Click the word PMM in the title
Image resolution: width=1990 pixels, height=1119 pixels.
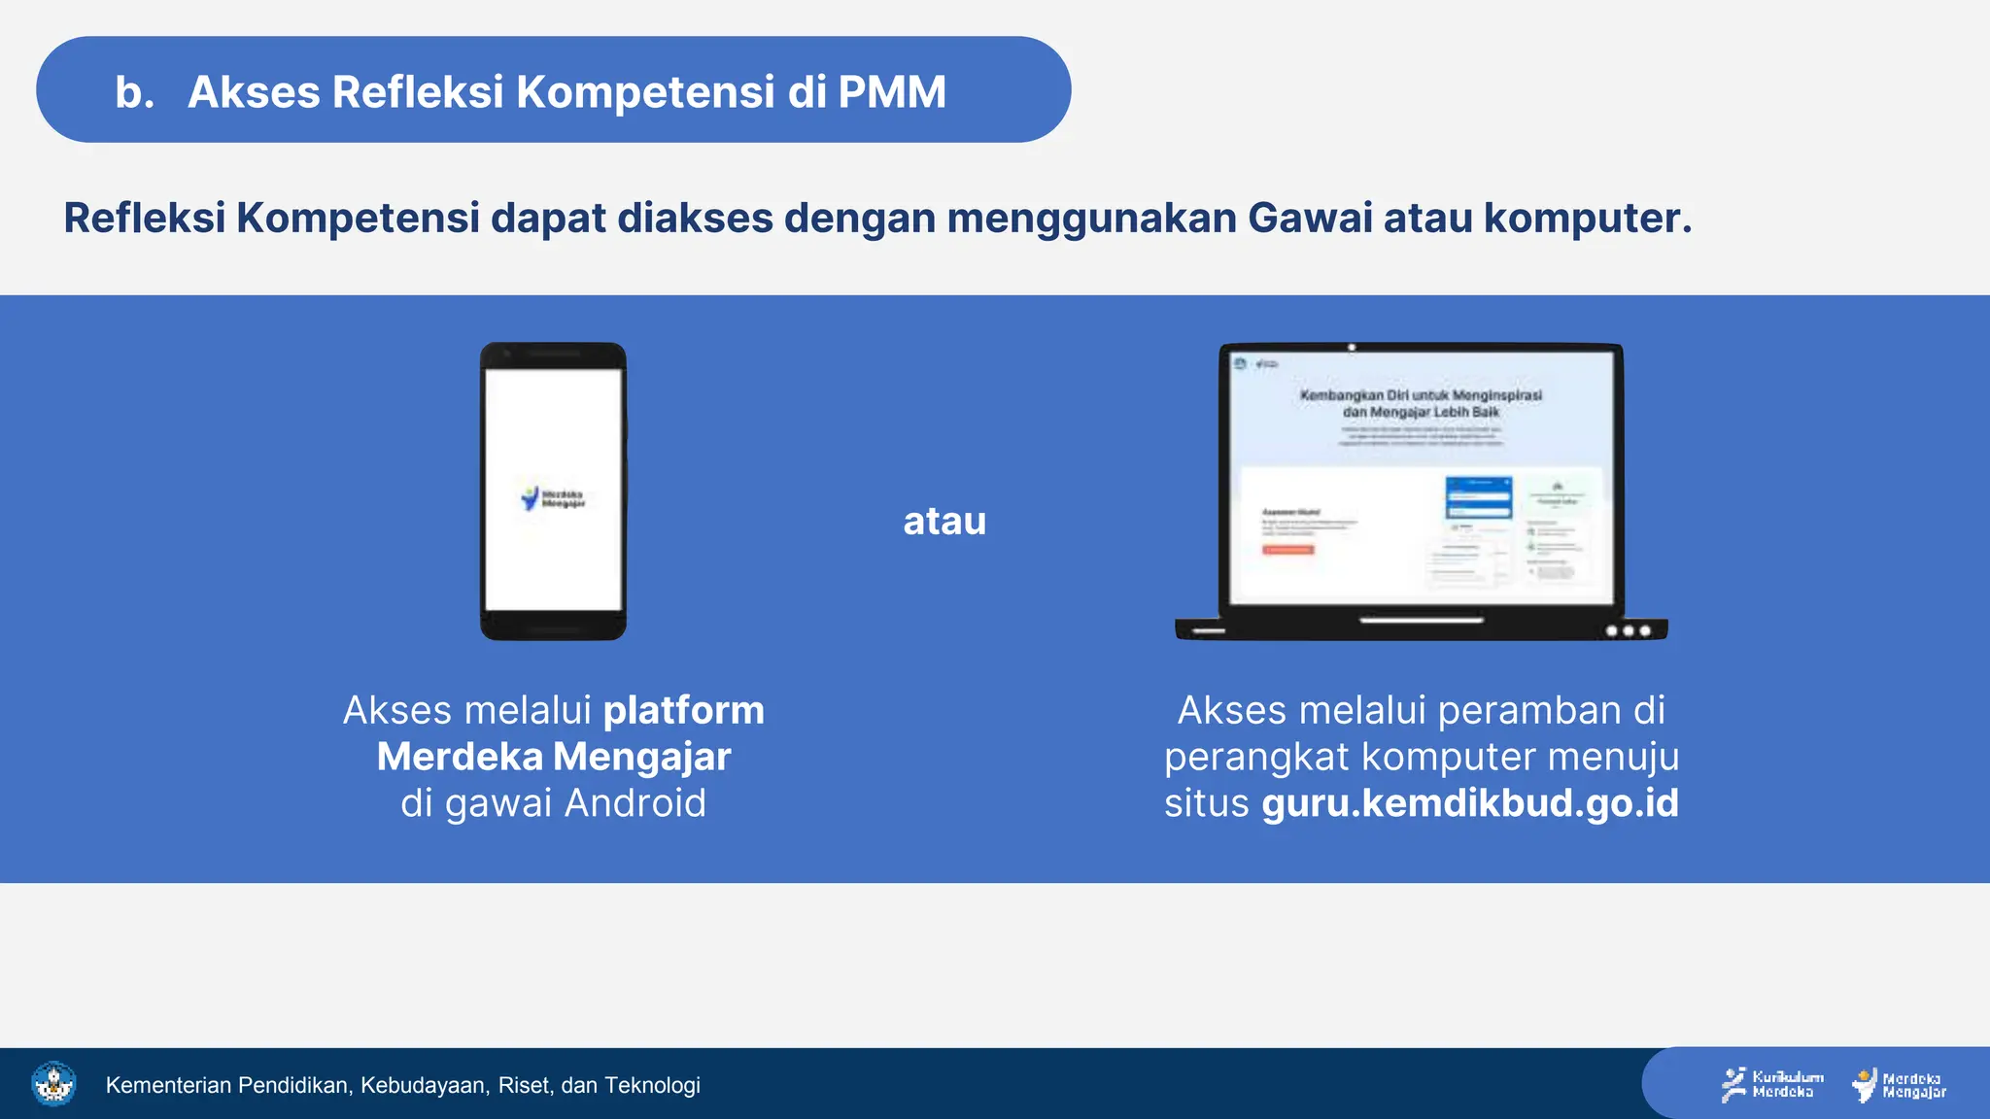[891, 92]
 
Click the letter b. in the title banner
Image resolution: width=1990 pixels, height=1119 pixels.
[134, 92]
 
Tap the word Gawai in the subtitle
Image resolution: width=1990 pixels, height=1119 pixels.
[1310, 218]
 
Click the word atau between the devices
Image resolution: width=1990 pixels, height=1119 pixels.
[944, 522]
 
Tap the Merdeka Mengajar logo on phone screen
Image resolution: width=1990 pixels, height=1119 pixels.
[553, 498]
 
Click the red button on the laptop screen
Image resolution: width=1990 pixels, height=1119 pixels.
[1287, 550]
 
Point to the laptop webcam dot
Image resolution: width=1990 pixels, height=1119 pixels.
[1352, 347]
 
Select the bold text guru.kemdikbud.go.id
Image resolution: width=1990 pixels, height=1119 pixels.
[1470, 803]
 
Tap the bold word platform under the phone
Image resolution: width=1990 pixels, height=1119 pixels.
[683, 711]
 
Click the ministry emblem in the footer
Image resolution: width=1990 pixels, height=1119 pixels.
[53, 1083]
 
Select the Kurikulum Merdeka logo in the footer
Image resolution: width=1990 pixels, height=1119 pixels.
[1772, 1084]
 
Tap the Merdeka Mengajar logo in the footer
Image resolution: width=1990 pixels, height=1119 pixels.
[1900, 1085]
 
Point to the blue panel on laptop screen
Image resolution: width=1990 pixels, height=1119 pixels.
[1478, 497]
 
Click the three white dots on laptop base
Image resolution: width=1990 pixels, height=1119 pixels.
[1628, 630]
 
